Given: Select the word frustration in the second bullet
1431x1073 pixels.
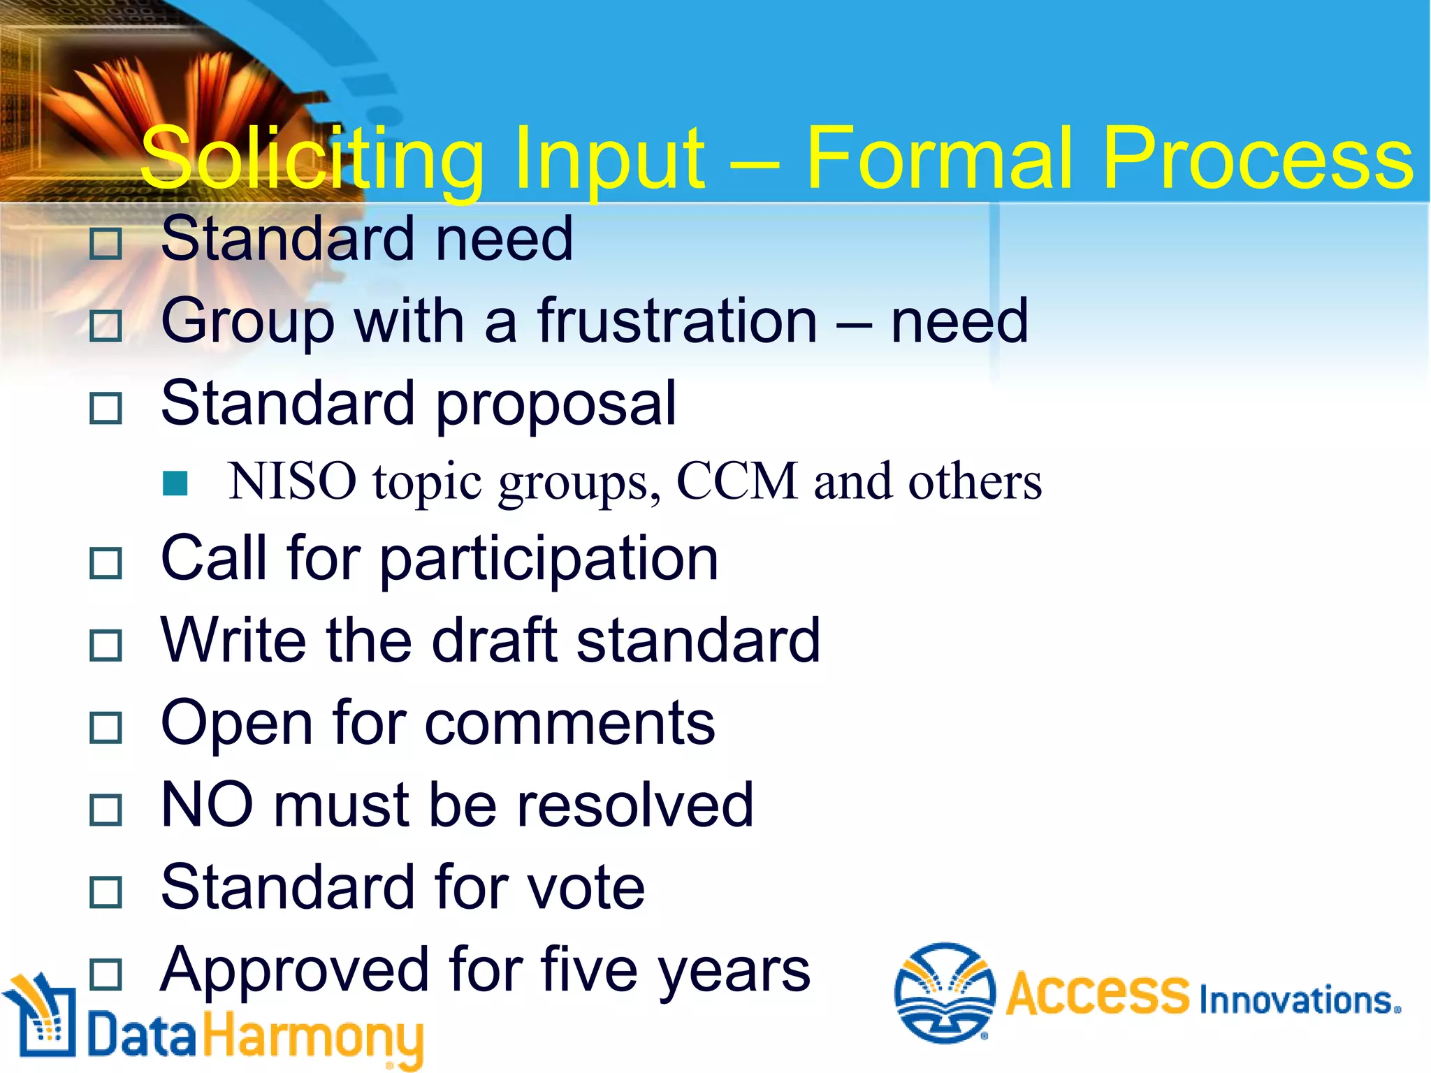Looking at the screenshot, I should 677,321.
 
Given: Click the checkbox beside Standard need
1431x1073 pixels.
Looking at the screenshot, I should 106,244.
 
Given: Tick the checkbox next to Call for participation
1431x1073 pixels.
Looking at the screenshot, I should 106,563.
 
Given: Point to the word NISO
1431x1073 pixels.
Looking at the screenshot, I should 292,482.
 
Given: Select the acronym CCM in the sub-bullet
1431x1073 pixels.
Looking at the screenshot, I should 737,482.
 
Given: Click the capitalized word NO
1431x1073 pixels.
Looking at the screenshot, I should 207,805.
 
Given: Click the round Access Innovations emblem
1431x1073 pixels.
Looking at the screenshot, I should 945,992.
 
